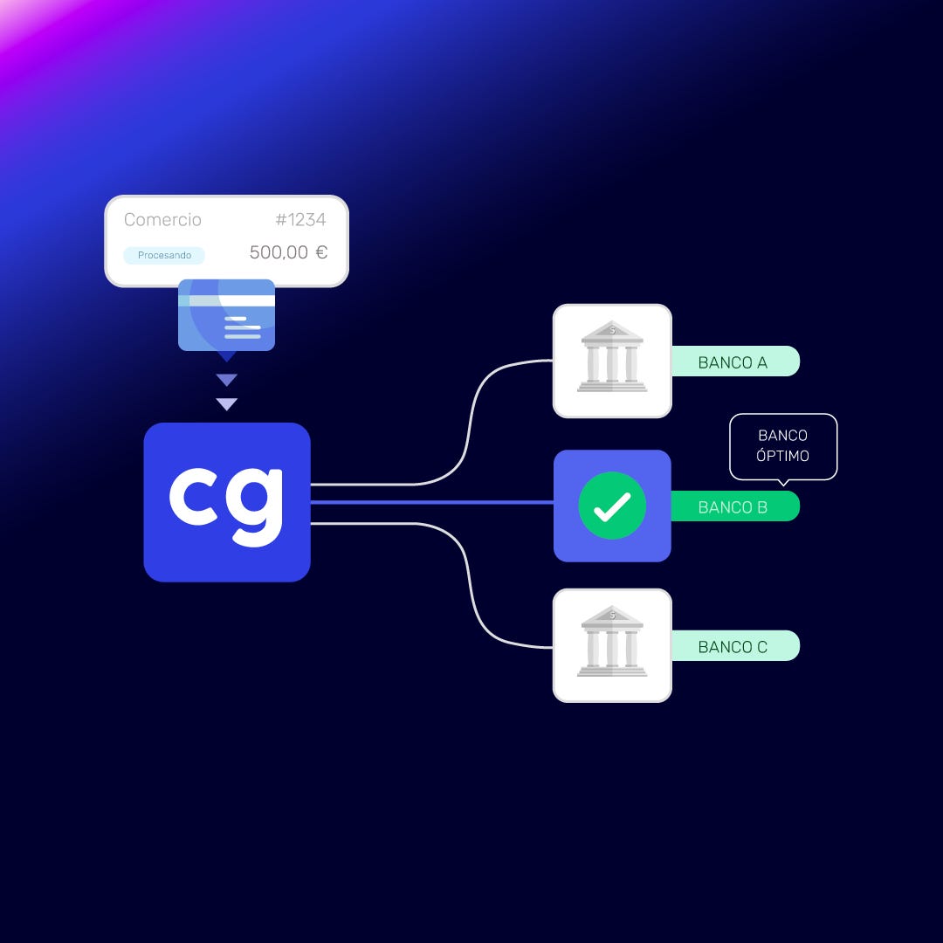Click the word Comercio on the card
coord(162,220)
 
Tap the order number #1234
coord(300,220)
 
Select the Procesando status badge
coord(164,255)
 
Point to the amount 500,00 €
coord(288,252)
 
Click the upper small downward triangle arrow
coord(227,380)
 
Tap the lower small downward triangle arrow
coord(227,403)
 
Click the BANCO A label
coord(733,361)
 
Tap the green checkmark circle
coord(612,506)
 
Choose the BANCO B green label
coord(733,506)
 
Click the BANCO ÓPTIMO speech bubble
coord(783,445)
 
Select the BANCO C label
coord(733,646)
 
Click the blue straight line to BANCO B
coord(432,502)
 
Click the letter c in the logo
coord(195,499)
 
